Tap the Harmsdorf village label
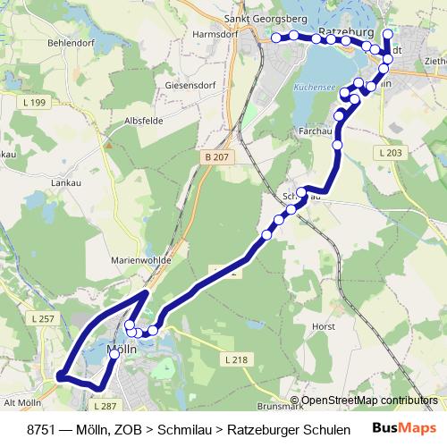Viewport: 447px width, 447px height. [214, 35]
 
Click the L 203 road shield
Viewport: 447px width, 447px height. [392, 154]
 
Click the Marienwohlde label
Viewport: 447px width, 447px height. [136, 261]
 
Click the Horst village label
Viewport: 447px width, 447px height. [324, 327]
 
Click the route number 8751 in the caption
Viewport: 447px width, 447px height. [44, 429]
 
